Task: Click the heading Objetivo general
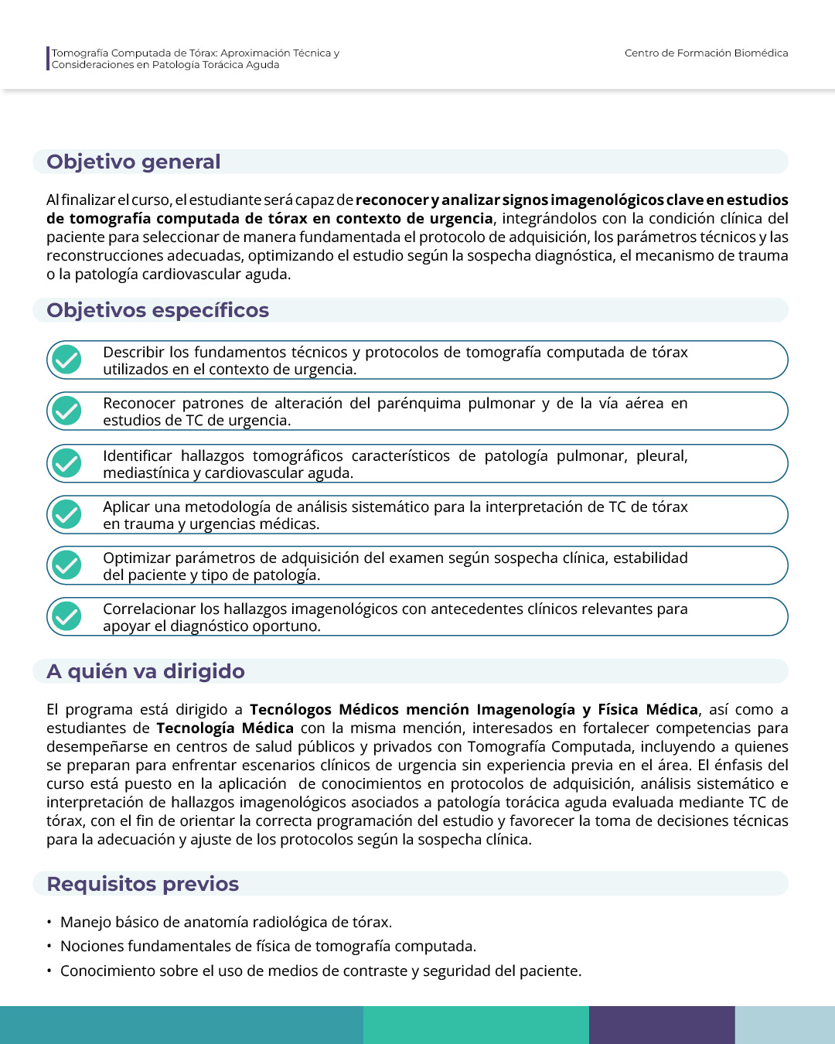[134, 162]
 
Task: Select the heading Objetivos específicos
[158, 310]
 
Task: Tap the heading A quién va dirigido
[145, 671]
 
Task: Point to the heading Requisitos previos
[143, 884]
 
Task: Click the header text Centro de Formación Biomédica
[706, 53]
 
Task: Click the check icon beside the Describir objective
[67, 360]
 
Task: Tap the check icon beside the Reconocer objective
[67, 411]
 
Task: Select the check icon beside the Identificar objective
[67, 463]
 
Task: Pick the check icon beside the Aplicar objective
[67, 514]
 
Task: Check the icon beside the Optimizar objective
[67, 565]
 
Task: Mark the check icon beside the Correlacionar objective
[67, 616]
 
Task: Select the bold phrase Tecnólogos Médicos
[324, 710]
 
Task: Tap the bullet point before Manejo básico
[49, 923]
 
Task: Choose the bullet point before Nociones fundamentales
[49, 947]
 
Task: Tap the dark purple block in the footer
[662, 1025]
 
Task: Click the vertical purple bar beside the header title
[48, 59]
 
